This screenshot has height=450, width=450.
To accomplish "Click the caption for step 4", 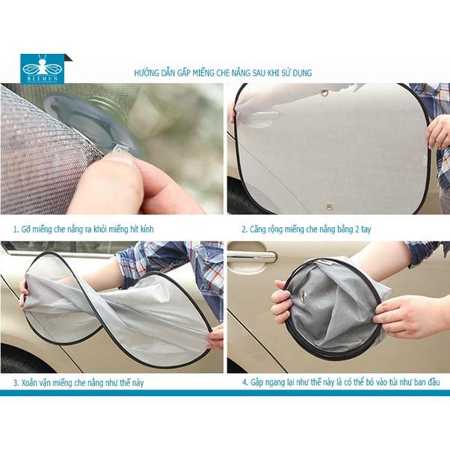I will tap(340, 382).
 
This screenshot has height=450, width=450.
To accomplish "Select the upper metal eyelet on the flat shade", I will tap(325, 93).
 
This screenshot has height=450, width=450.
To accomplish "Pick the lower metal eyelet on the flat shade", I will tap(327, 204).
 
